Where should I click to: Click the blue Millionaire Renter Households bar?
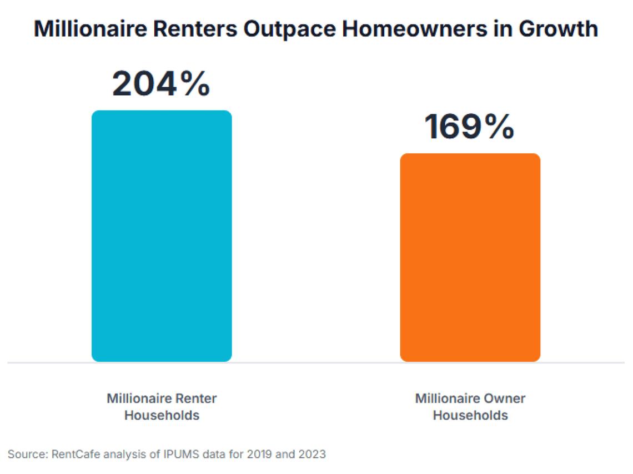(162, 236)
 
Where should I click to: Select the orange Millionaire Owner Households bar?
(470, 258)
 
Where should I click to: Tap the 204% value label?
(161, 84)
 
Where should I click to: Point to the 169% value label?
(470, 127)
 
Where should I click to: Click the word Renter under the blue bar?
(198, 399)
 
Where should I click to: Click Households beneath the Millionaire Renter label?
(162, 415)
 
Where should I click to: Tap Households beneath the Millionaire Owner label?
(470, 415)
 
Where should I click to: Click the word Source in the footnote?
(26, 455)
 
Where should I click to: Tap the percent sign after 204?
(195, 84)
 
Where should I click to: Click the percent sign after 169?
(499, 127)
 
